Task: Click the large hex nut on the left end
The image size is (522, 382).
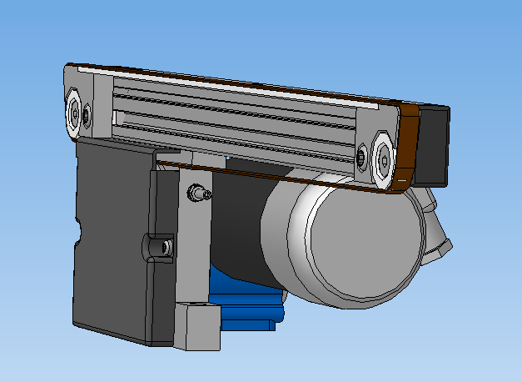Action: [x=74, y=111]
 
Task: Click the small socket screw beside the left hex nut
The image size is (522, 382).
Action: [x=87, y=113]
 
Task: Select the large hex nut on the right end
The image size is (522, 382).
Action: [x=383, y=155]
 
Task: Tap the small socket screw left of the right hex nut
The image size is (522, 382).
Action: [x=362, y=155]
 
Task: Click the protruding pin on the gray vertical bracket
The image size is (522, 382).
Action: [x=197, y=193]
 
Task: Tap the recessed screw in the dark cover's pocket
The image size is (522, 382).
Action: [x=166, y=247]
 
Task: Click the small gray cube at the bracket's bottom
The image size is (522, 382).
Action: [x=196, y=325]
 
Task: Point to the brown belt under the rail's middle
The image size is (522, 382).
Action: [x=250, y=170]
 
